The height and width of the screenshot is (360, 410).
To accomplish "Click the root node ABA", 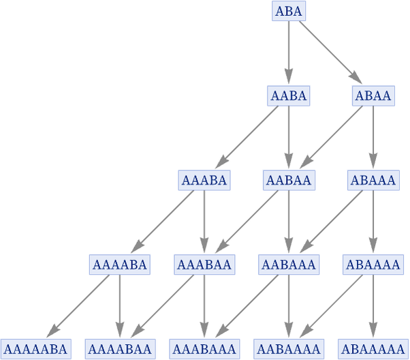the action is (x=289, y=11).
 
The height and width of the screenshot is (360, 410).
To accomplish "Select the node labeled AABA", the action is (x=289, y=95).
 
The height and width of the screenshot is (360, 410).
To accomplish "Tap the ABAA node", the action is (x=373, y=95).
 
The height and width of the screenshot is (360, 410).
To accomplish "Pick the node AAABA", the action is (x=204, y=180).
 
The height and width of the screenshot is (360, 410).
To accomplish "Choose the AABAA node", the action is (x=289, y=180).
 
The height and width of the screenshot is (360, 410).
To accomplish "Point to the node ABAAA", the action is (x=373, y=180).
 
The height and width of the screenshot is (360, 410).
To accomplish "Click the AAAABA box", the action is (x=120, y=265).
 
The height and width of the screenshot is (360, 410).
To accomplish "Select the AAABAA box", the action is (x=204, y=265).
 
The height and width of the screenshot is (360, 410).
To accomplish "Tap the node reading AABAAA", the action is (x=289, y=265).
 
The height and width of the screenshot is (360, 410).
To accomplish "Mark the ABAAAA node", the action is (x=373, y=265).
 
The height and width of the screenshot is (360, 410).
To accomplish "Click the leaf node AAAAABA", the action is (x=36, y=349).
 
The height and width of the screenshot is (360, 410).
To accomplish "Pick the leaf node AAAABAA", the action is (x=121, y=349).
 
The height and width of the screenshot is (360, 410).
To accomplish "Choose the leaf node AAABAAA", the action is (x=204, y=349).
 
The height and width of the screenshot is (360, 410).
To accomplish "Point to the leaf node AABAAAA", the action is (x=289, y=349).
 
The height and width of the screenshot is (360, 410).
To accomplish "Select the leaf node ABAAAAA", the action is (x=373, y=349).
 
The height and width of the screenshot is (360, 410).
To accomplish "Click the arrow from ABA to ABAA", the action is (x=331, y=52).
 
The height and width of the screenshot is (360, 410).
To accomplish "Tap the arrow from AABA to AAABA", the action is (x=247, y=137).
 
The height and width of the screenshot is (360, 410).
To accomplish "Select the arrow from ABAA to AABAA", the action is (x=332, y=137).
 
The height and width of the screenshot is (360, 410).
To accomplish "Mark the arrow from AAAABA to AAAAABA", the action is (x=78, y=306).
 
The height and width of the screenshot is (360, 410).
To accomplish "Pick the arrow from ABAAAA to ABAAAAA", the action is (x=373, y=306).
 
